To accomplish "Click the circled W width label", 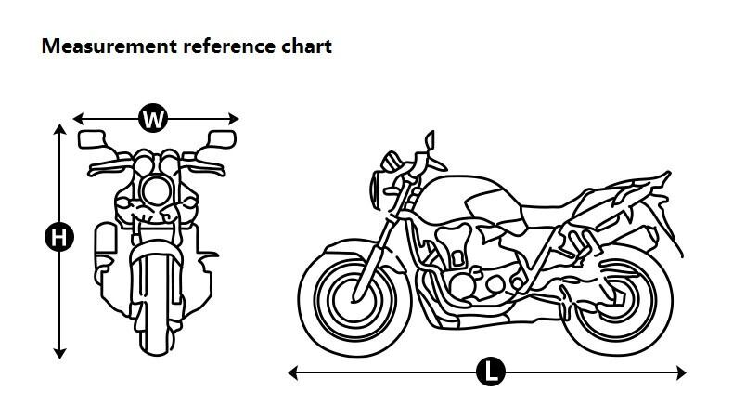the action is tap(155, 118).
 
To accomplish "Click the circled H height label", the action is tap(59, 238).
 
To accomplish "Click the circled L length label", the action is tap(490, 373).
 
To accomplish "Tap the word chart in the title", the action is tap(306, 46).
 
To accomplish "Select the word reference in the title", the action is tap(225, 46).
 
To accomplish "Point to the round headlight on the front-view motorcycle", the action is tap(154, 193).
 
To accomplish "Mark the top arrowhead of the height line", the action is tap(60, 129).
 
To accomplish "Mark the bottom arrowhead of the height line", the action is tap(60, 353).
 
